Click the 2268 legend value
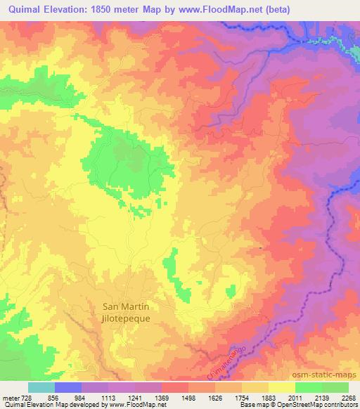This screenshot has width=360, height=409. (349, 397)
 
